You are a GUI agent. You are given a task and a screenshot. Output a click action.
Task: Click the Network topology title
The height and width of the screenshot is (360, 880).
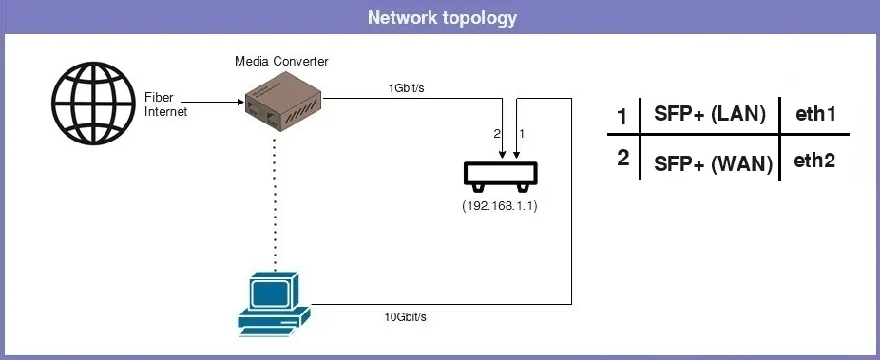440,18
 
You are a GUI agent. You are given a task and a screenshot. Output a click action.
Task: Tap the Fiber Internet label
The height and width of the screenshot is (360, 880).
166,104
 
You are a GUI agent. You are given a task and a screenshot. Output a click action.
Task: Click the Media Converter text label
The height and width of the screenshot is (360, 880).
281,62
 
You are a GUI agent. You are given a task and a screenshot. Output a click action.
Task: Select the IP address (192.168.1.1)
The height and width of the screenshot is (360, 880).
500,206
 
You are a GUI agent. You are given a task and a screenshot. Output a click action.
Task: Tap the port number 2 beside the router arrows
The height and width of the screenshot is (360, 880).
496,135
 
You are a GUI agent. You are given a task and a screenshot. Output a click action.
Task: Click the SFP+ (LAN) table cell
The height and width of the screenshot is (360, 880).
710,115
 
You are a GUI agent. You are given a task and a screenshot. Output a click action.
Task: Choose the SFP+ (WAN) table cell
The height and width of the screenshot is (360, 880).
713,162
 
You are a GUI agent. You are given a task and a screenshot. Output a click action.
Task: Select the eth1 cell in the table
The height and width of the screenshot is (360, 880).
814,115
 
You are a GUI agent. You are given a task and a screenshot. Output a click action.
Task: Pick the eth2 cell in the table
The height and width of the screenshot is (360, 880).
814,161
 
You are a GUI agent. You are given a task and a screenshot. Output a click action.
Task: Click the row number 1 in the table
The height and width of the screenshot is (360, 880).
622,118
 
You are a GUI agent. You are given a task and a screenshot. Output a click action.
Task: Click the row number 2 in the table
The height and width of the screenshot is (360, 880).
622,157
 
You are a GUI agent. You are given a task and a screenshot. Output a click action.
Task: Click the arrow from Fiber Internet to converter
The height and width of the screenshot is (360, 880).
209,99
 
